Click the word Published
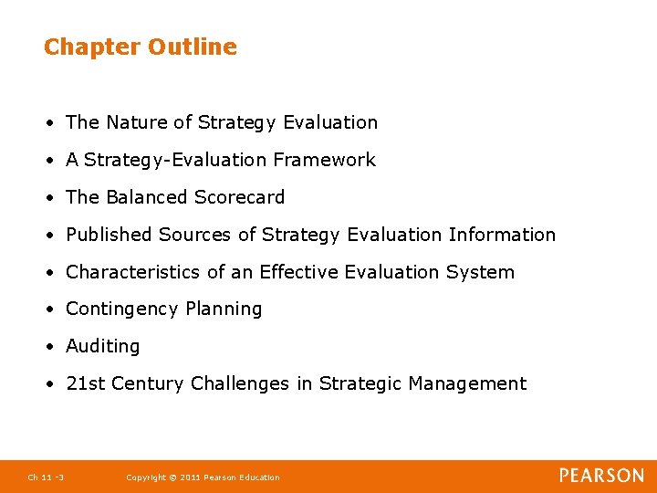click(109, 235)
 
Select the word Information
click(502, 235)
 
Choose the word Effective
click(298, 272)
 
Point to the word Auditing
click(103, 347)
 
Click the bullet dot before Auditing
click(55, 347)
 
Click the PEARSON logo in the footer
click(601, 476)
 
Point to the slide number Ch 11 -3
click(46, 477)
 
